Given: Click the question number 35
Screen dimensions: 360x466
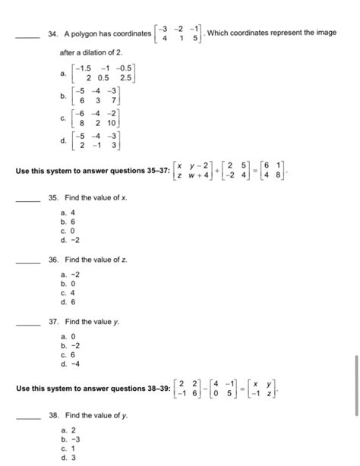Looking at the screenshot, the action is coord(52,197).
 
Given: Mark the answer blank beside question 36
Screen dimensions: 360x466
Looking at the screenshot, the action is coord(29,260).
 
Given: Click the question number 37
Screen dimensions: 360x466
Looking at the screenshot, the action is coord(52,322).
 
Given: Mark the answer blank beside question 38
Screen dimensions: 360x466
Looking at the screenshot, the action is coord(29,416).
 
